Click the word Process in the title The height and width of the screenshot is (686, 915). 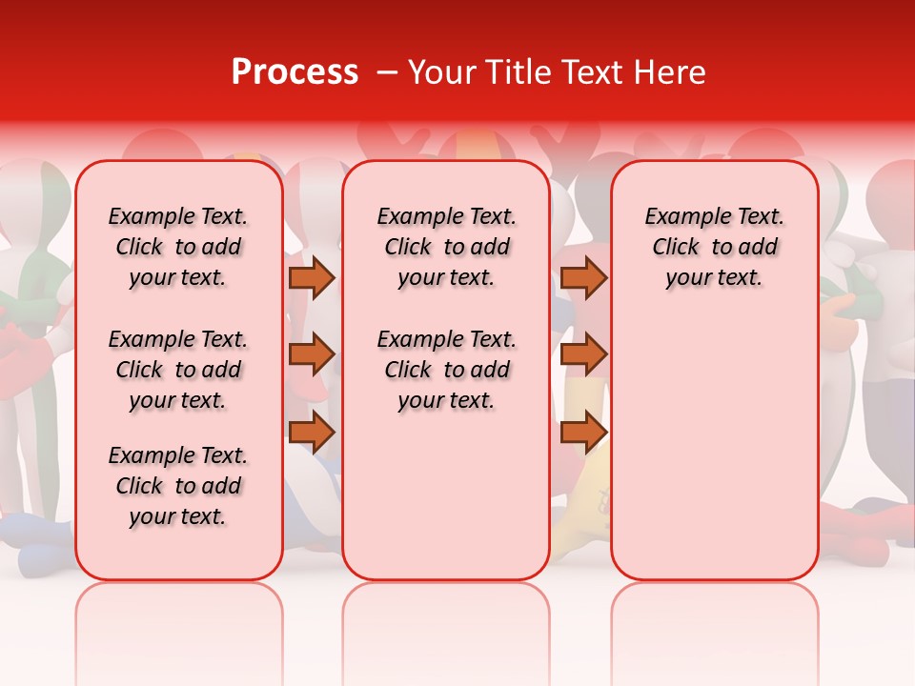295,72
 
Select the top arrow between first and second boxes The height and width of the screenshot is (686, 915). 312,277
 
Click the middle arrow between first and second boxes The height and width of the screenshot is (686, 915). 312,354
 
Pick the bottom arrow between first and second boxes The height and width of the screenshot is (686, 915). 312,433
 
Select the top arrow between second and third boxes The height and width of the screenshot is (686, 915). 583,277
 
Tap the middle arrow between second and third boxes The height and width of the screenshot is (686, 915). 583,354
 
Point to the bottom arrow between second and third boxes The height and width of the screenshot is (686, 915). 583,433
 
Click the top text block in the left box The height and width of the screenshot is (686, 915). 178,247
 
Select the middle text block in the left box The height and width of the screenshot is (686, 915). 178,370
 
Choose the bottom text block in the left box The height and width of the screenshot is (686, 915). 178,486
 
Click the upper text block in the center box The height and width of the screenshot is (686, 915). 446,247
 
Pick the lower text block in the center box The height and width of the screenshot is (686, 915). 446,370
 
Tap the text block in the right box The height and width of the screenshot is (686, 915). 714,247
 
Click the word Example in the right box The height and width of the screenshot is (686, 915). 681,217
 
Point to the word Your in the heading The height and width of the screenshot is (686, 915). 441,72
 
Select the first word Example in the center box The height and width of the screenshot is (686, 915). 413,217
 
